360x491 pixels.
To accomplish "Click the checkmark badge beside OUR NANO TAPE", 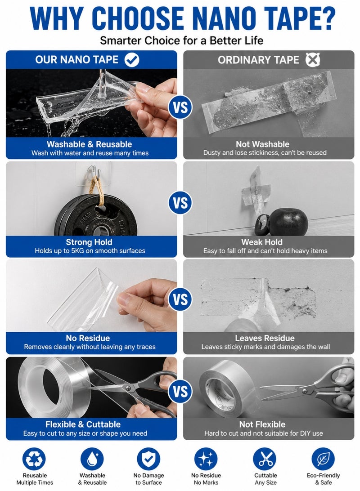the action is [132, 59].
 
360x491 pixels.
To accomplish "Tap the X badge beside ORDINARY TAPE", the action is [313, 59].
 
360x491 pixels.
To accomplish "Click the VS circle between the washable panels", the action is [180, 107].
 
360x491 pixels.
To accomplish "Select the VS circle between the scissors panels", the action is [180, 392].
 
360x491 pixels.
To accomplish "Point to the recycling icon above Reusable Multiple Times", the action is [34, 459].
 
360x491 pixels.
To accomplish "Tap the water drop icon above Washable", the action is [92, 459].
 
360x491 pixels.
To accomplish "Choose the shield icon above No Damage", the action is [148, 459].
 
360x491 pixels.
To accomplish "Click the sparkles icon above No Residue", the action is [206, 459].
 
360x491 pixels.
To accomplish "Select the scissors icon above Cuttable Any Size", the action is [265, 459].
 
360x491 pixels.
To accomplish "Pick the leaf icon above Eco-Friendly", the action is [323, 459].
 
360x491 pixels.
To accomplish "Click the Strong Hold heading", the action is [89, 242].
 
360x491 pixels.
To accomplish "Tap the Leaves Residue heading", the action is [265, 338].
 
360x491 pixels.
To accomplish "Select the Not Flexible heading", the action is [262, 424].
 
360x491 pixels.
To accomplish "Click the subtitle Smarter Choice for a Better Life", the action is [181, 40].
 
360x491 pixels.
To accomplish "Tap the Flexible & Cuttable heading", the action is [83, 424].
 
